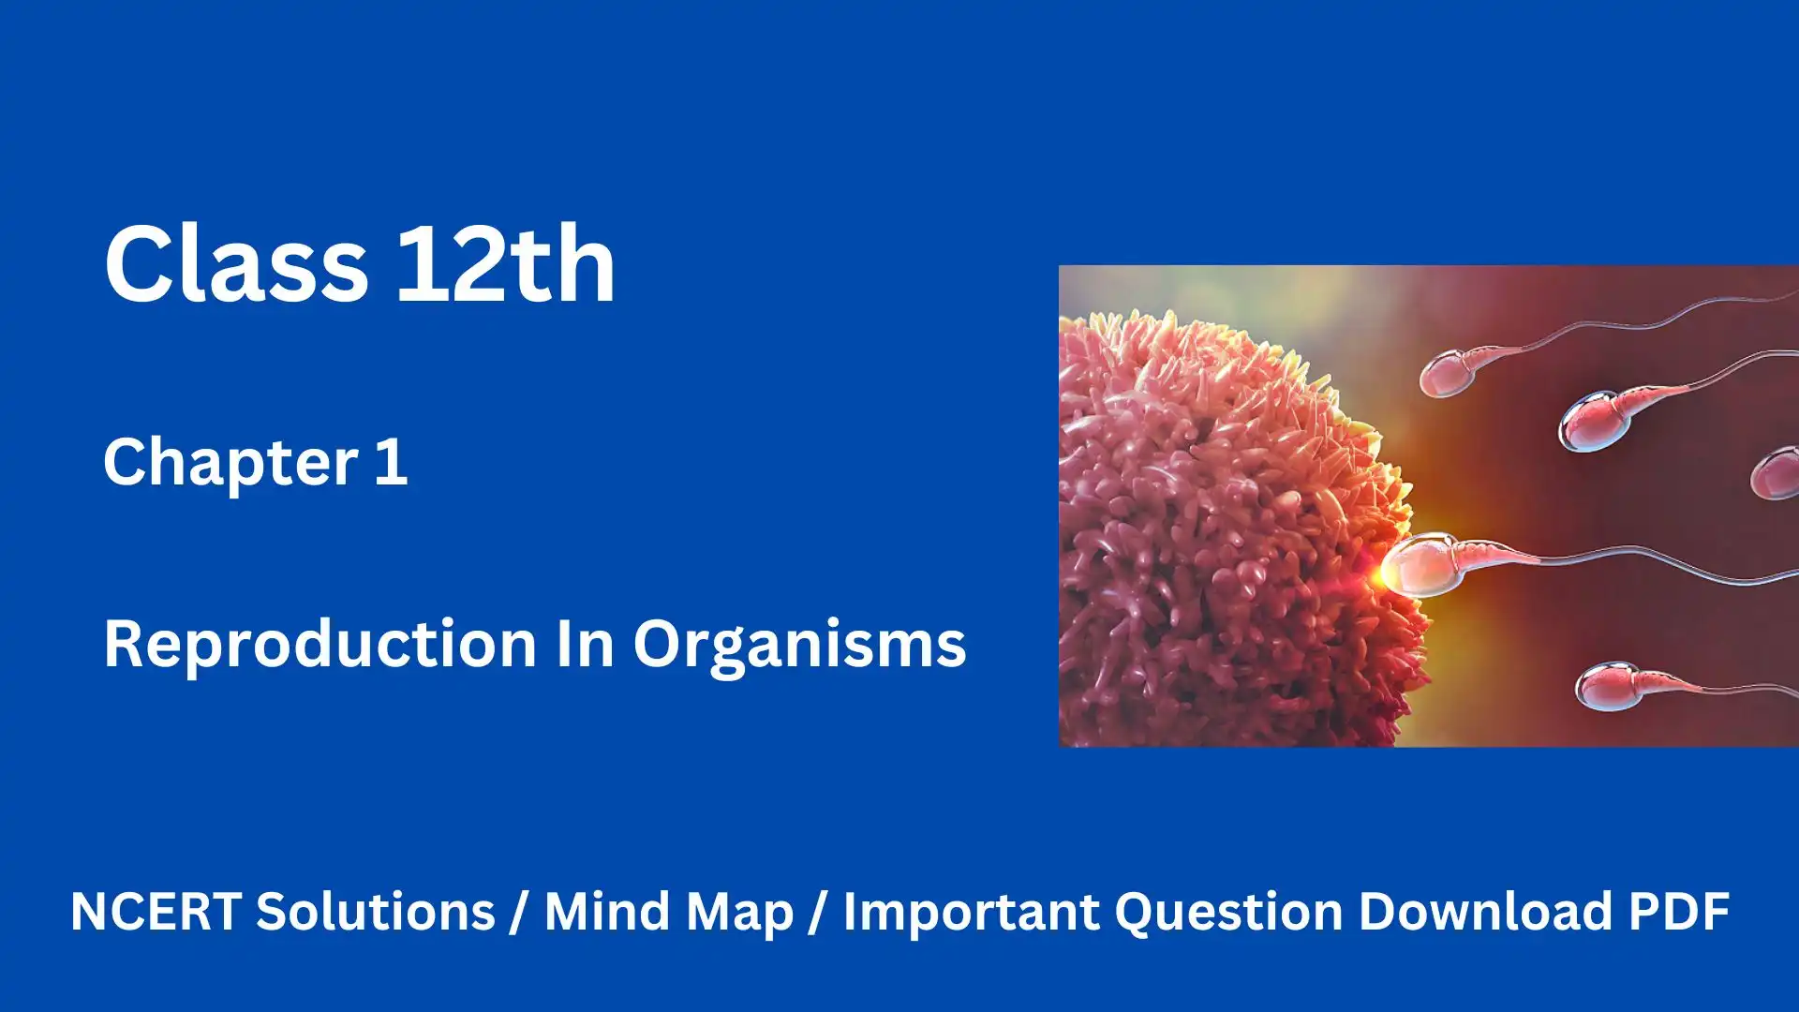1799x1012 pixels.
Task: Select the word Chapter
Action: click(230, 462)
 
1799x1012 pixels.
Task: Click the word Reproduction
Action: click(320, 644)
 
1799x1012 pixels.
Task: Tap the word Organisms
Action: click(799, 646)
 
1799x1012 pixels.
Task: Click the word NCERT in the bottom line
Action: click(156, 911)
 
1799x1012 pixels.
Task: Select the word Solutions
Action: click(376, 911)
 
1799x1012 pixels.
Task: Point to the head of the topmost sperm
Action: click(1451, 372)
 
